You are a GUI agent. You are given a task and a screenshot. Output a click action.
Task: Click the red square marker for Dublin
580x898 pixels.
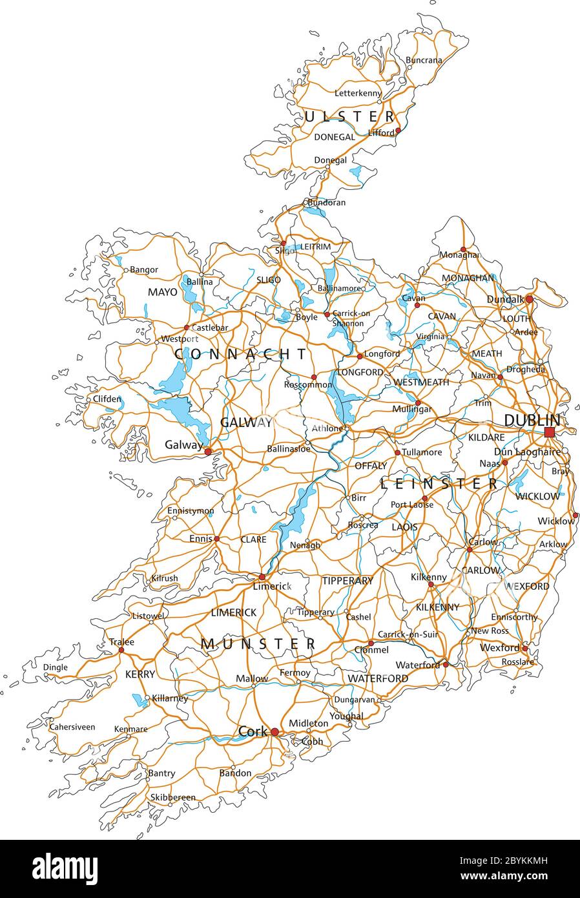click(549, 432)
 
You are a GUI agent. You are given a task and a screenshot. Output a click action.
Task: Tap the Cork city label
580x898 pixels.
click(253, 731)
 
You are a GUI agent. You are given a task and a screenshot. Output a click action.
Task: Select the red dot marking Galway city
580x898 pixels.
click(208, 452)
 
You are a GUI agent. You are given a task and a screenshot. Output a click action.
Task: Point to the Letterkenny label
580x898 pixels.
click(358, 93)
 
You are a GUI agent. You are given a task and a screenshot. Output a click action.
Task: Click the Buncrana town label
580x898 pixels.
click(424, 60)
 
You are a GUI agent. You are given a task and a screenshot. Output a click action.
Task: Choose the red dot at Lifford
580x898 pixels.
click(398, 131)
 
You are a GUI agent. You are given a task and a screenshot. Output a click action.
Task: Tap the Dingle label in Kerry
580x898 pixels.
click(55, 667)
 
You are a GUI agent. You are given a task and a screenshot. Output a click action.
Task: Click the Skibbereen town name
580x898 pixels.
click(172, 797)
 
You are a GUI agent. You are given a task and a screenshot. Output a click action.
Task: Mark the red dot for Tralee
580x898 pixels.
click(121, 650)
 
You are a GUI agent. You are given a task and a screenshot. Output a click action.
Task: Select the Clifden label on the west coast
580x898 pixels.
click(107, 399)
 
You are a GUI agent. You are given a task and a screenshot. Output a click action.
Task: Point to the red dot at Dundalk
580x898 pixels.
click(529, 299)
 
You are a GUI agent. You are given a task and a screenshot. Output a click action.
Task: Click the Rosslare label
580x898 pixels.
click(517, 662)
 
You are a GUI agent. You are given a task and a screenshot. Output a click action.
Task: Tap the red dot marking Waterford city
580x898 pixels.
click(446, 664)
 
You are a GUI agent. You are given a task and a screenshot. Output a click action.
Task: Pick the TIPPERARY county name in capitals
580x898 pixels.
click(347, 581)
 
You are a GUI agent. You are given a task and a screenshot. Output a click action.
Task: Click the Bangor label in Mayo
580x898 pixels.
click(144, 269)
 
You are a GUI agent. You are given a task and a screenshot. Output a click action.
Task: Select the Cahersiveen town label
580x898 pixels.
click(72, 727)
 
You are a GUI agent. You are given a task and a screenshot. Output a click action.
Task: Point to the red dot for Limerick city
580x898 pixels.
click(262, 577)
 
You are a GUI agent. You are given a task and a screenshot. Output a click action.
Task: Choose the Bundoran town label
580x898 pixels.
click(326, 202)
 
